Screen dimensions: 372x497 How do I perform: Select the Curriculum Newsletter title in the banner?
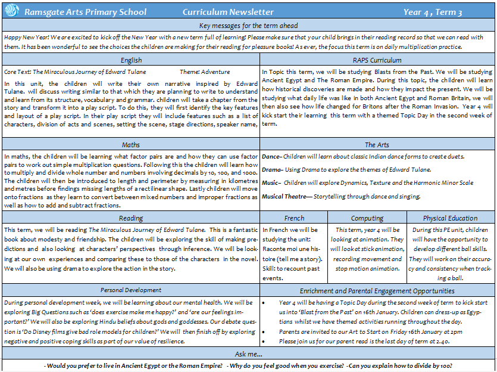click(228, 12)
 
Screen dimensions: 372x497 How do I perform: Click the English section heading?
click(131, 60)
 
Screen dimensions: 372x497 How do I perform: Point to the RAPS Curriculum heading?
click(377, 60)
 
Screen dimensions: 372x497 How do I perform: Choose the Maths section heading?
click(131, 145)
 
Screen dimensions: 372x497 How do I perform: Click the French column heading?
click(294, 218)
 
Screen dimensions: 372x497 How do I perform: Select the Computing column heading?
click(367, 218)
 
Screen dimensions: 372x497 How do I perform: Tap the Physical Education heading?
click(450, 218)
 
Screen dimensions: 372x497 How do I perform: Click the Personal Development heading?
click(131, 290)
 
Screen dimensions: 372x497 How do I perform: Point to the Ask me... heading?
click(249, 354)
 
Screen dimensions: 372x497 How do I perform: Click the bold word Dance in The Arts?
click(271, 157)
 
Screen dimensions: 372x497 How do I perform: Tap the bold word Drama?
click(271, 170)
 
